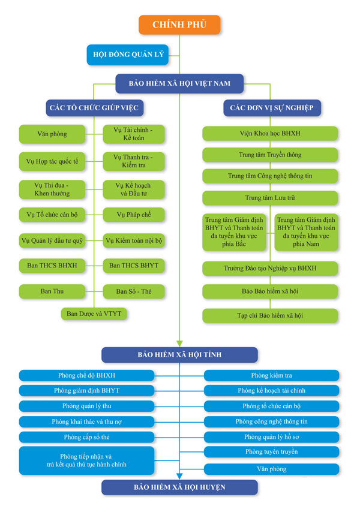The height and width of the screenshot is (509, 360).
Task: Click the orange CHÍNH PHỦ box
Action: tap(179, 25)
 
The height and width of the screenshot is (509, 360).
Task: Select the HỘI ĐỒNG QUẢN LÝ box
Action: tap(128, 55)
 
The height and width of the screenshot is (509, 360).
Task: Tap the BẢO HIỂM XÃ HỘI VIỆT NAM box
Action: tap(179, 83)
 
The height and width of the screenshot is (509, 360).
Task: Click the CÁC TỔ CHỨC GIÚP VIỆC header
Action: tap(94, 108)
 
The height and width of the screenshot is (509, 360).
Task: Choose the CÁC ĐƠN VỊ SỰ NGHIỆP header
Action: tap(272, 108)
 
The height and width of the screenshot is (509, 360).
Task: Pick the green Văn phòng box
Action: tap(52, 134)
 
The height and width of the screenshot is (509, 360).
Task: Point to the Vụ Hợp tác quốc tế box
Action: tap(52, 161)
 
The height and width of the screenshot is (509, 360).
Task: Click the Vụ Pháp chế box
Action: tap(134, 215)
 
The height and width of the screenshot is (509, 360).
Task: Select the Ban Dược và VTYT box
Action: tap(94, 314)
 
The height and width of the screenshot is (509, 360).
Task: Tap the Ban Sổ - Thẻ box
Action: tap(134, 291)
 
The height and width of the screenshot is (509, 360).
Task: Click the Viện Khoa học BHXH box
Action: tap(270, 134)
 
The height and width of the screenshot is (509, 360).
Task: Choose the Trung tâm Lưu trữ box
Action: tap(270, 198)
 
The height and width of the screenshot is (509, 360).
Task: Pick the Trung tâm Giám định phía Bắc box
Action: tap(234, 232)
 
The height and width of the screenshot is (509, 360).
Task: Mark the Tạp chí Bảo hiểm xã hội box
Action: tap(270, 315)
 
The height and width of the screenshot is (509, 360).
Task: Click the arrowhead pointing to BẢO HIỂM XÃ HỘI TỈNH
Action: tap(179, 344)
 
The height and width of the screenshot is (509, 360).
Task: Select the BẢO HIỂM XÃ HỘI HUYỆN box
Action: tap(179, 487)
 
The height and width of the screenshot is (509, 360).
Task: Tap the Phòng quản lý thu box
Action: tap(86, 406)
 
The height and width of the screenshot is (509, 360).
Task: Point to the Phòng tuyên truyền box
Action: tap(271, 452)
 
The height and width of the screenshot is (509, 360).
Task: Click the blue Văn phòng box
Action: tap(271, 469)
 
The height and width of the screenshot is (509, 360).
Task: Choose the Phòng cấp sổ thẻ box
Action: tap(86, 437)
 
